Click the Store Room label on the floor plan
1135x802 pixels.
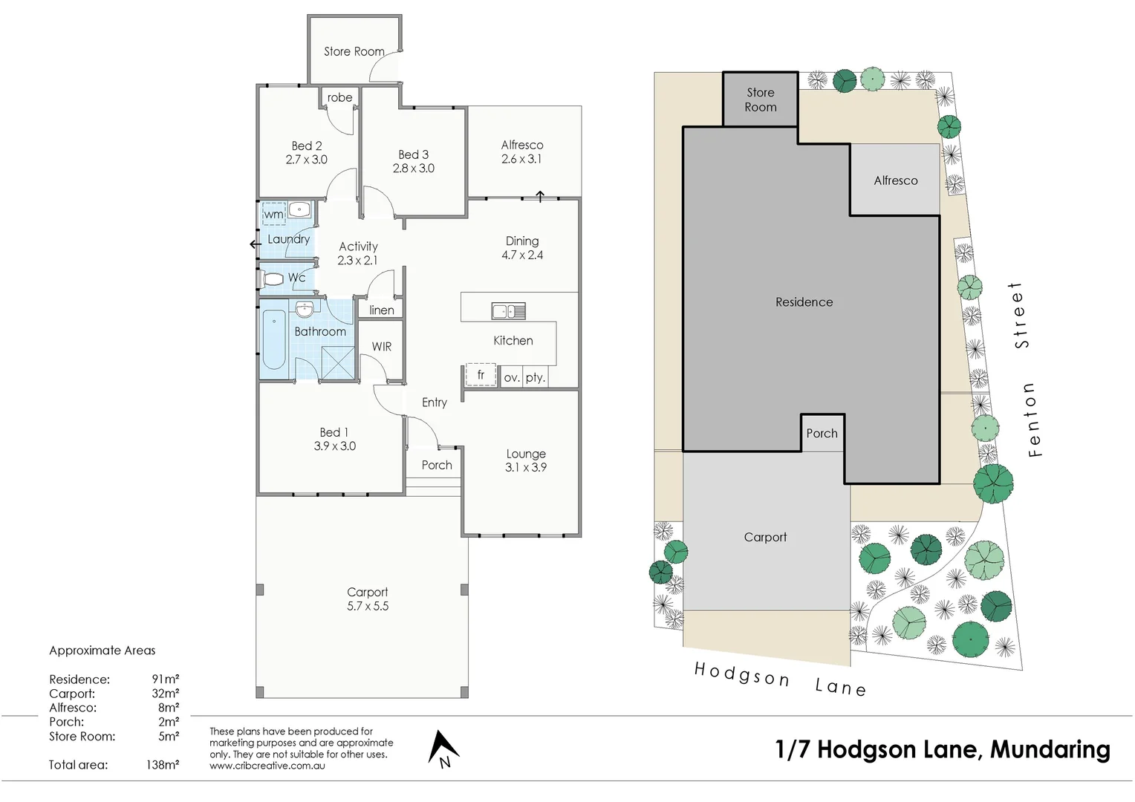pos(354,51)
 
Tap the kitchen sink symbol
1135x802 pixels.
pos(508,311)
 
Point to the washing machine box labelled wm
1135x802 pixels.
pos(274,214)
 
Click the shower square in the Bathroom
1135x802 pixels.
pos(338,363)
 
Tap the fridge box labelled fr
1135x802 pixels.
pos(481,375)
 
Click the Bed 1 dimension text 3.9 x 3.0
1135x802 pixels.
pos(334,446)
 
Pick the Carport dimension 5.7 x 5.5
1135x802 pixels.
pos(368,606)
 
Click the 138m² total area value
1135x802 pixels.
pos(162,765)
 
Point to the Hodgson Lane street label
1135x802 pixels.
pos(779,679)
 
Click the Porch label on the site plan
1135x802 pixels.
pos(822,433)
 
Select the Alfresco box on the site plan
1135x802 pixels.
pos(895,180)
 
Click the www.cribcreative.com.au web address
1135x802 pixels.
pos(267,766)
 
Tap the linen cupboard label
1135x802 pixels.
pos(382,310)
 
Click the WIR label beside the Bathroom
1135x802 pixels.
pos(382,347)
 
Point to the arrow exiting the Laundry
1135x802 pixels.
pos(255,244)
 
